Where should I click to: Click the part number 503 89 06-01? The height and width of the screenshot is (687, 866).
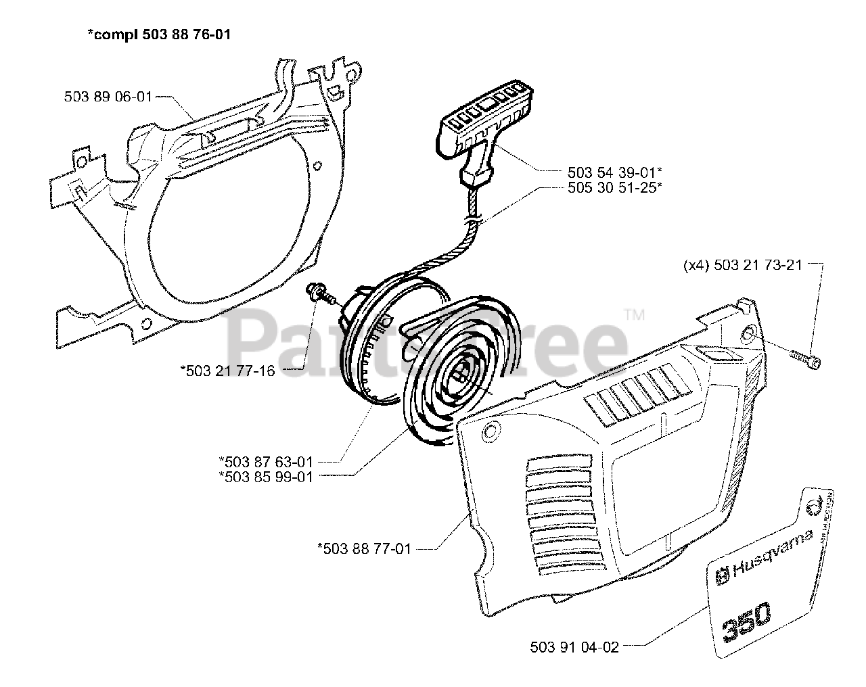[x=108, y=97]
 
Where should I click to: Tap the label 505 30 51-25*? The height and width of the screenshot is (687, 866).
[x=613, y=188]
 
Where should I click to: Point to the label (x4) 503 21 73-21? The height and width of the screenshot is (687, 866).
[x=742, y=266]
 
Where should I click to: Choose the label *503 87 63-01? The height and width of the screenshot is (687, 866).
[x=265, y=462]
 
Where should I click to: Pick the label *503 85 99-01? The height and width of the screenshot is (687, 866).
[x=265, y=476]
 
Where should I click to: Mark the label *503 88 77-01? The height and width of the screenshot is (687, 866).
[x=364, y=548]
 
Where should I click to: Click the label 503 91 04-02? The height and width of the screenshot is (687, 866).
[x=575, y=647]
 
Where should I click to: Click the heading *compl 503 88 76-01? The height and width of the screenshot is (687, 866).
[x=158, y=34]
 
